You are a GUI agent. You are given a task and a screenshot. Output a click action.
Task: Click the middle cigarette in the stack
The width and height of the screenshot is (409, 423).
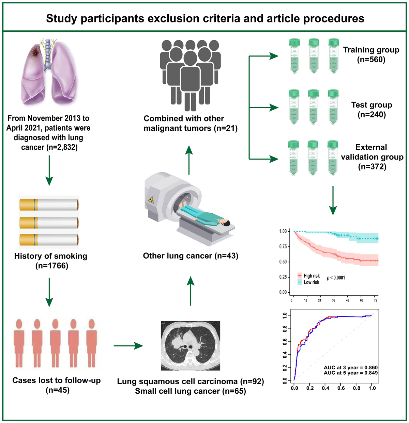[x=49, y=223]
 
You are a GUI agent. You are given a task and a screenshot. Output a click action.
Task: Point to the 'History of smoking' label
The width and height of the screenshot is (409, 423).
[x=51, y=256]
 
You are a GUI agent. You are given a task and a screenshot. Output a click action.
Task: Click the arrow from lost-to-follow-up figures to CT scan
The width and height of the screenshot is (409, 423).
[x=128, y=346]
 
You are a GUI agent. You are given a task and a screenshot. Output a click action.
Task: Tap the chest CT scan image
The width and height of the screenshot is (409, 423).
[x=190, y=346]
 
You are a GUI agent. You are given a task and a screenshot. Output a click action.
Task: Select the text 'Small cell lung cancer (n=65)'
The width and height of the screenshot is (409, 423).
[x=190, y=391]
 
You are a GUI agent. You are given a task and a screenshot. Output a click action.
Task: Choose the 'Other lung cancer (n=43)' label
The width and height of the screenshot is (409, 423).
[x=191, y=256]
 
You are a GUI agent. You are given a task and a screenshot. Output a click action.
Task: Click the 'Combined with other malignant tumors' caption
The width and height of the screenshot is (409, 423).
[x=190, y=124]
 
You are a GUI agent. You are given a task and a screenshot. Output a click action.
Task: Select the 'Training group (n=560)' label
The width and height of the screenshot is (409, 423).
[x=371, y=55]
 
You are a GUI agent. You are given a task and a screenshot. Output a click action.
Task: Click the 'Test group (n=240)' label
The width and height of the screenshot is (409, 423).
[x=372, y=110]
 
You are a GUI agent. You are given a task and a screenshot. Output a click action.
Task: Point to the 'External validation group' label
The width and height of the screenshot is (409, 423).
[x=372, y=152]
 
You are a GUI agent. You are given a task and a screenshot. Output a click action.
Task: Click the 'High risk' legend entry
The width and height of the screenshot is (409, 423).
[x=311, y=276]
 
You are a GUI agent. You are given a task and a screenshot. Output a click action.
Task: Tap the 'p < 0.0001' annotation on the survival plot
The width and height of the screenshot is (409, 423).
[x=336, y=278]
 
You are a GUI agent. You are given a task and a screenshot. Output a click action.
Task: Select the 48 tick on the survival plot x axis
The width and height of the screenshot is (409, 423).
[x=347, y=300]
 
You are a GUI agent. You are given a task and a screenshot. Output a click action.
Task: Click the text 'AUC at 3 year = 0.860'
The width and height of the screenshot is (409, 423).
[x=351, y=368]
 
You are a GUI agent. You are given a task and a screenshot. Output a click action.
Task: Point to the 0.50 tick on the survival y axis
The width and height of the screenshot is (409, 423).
[x=283, y=262]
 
